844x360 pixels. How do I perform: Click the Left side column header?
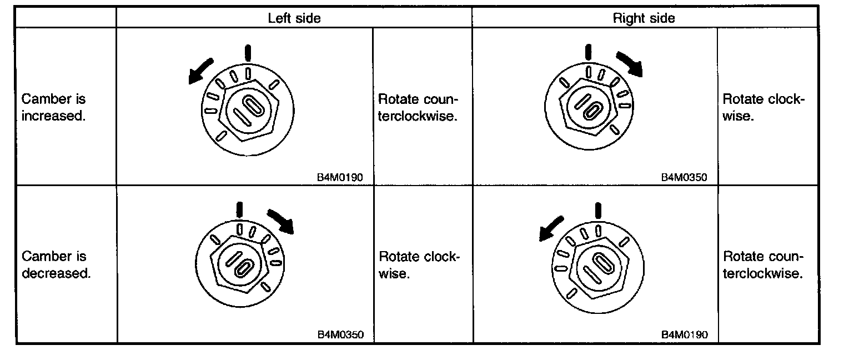pos(294,18)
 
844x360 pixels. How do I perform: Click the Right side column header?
pos(644,18)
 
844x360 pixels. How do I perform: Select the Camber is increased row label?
pos(54,108)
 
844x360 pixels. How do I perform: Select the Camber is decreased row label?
pos(56,264)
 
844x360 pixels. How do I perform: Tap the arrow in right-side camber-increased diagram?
pos(630,63)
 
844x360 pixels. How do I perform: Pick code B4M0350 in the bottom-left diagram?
pos(340,335)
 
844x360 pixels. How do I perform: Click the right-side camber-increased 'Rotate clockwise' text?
pos(763,108)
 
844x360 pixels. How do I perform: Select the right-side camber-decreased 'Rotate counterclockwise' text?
pos(763,264)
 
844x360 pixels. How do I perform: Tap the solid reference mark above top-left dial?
pos(248,53)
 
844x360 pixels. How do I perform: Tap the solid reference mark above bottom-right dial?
pos(598,211)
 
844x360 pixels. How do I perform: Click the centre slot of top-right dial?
pos(589,106)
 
